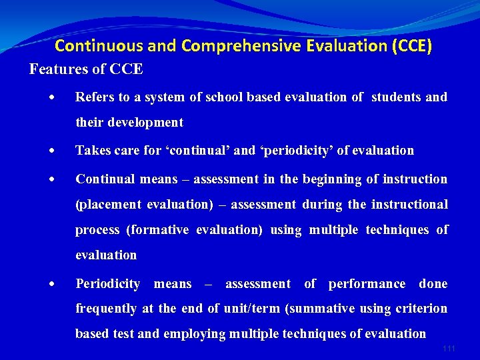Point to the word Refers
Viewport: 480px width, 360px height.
click(94, 97)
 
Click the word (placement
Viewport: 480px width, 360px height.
click(108, 205)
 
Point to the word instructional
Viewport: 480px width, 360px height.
click(407, 205)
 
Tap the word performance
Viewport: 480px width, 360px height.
click(367, 284)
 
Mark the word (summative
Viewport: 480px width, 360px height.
click(321, 309)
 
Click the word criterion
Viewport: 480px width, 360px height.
click(421, 309)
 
